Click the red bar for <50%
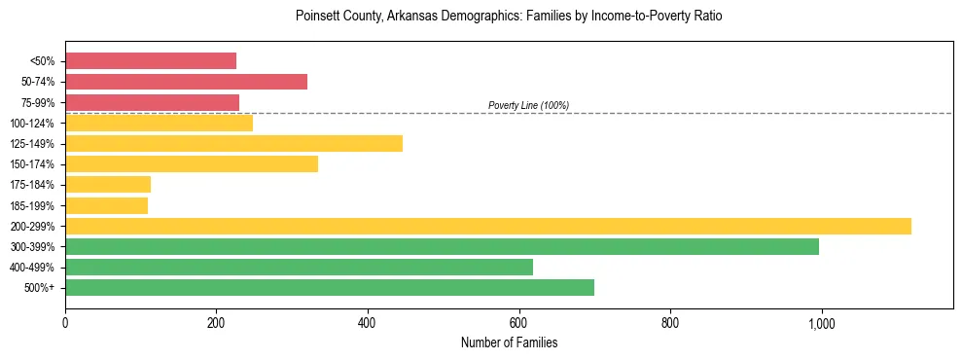(x=151, y=60)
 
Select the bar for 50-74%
(x=186, y=82)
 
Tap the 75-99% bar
(x=152, y=102)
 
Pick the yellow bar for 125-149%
(x=233, y=143)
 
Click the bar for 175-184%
(x=108, y=185)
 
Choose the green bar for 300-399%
(x=442, y=247)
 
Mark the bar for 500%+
(x=330, y=288)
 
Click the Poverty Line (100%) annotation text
(x=528, y=105)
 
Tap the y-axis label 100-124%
(x=32, y=123)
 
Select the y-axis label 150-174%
(x=32, y=164)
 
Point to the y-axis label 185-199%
(x=32, y=205)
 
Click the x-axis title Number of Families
(x=509, y=342)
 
